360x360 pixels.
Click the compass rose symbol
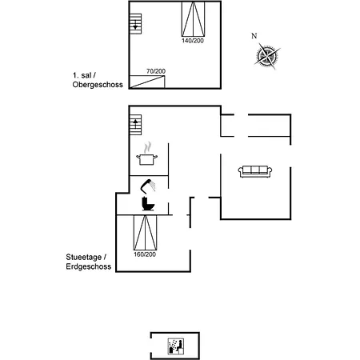click(267, 56)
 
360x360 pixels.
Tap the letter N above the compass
click(254, 36)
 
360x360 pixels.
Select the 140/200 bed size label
click(193, 41)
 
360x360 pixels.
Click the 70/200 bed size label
click(156, 71)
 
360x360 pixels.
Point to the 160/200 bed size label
click(145, 254)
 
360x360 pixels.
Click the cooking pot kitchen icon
click(146, 159)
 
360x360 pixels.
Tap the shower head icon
click(148, 186)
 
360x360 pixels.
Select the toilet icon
click(148, 204)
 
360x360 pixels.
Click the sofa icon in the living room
click(255, 171)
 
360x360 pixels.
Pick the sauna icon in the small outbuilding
click(176, 346)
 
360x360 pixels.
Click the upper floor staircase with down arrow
click(135, 24)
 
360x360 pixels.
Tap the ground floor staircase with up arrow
click(135, 125)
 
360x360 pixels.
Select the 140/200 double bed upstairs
click(194, 19)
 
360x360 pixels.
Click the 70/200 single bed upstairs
click(147, 82)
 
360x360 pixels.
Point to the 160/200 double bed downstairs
click(146, 233)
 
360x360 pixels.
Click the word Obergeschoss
click(98, 85)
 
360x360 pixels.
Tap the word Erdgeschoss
click(89, 266)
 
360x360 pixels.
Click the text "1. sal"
click(82, 75)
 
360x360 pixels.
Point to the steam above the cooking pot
click(147, 147)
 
